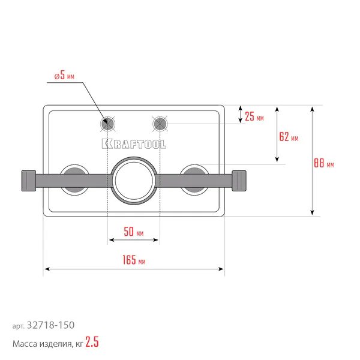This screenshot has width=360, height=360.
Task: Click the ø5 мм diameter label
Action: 64,76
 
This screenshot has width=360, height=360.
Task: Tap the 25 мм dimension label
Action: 254,116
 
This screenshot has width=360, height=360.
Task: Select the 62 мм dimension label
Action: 289,137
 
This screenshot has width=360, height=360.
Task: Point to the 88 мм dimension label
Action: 324,163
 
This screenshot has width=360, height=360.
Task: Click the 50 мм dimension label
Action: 134,232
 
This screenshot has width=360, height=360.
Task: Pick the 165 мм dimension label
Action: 134,260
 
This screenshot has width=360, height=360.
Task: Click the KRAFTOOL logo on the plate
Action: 134,144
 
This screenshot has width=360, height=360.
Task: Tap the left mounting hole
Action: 107,124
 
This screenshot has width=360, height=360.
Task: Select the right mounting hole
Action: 160,124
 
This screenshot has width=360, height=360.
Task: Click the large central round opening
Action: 134,181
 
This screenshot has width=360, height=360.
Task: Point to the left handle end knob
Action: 29,181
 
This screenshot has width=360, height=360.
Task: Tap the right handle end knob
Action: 239,181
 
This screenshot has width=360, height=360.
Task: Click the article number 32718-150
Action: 51,325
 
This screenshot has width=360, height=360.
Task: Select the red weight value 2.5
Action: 92,342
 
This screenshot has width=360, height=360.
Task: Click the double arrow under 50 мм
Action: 134,240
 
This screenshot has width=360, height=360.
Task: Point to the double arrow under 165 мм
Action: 134,269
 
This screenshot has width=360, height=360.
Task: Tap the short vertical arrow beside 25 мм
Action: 241,115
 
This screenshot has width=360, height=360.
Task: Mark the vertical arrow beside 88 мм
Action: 312,161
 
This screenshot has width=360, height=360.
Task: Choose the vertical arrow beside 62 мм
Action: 277,134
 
